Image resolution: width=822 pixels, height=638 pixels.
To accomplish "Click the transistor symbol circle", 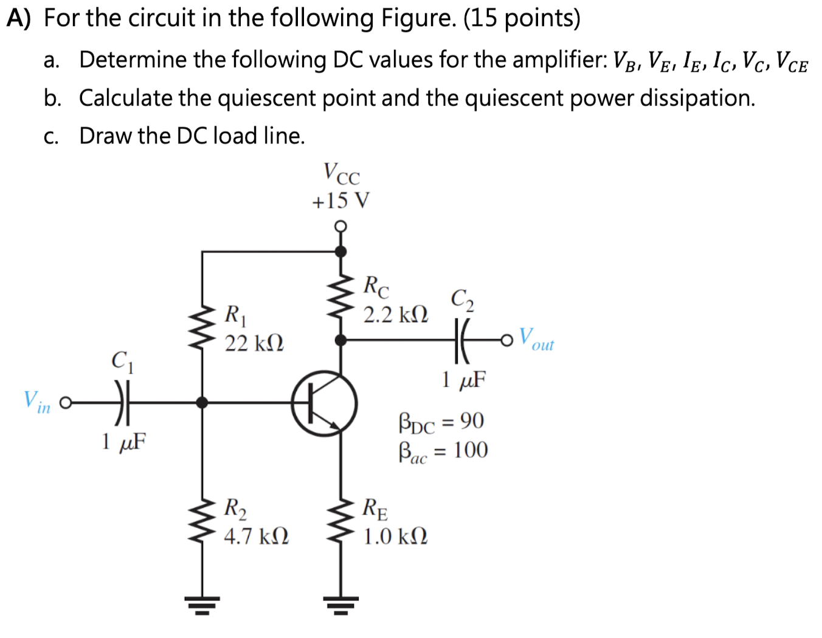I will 324,403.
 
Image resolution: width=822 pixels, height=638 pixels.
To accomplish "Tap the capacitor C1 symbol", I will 122,402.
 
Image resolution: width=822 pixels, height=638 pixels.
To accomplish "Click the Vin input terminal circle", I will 66,402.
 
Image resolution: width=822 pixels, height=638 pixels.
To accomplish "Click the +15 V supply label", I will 340,201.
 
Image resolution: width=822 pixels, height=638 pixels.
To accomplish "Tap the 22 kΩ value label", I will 254,344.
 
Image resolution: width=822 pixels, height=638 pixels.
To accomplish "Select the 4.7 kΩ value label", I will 256,537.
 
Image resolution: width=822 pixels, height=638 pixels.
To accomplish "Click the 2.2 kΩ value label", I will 396,315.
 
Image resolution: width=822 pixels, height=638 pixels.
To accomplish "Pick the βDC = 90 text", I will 441,422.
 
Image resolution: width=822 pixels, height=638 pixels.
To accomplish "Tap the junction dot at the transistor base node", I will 202,402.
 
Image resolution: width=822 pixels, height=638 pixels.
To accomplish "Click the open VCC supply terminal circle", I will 341,227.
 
